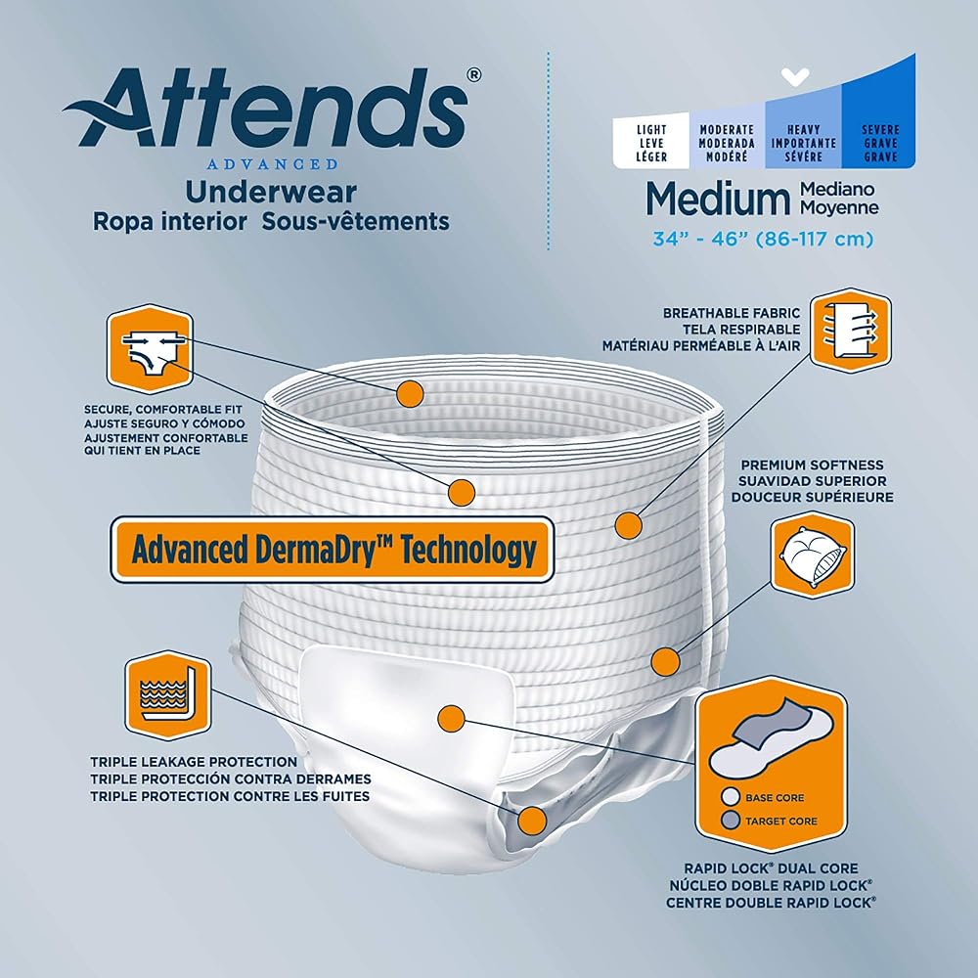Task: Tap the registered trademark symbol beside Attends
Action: [x=474, y=75]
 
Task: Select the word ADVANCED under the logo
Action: [x=273, y=164]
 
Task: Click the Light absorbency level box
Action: [x=651, y=142]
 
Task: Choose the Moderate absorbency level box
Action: [x=727, y=142]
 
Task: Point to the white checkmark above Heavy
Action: [x=795, y=76]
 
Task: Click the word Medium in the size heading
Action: [x=718, y=199]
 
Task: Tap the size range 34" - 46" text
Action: [x=762, y=239]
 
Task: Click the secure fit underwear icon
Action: [x=150, y=349]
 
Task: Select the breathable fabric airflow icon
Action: [x=851, y=332]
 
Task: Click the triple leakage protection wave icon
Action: [x=168, y=695]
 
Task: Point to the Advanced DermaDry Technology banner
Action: [x=333, y=550]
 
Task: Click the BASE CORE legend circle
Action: [x=730, y=797]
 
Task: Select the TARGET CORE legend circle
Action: [x=730, y=821]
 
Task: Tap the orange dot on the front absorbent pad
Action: [x=452, y=719]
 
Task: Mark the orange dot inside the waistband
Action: [x=410, y=393]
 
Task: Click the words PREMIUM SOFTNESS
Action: [x=812, y=466]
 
